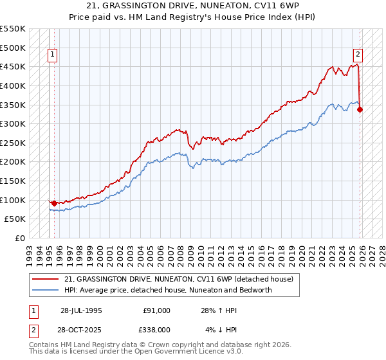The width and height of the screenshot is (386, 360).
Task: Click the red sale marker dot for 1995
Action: [x=54, y=203]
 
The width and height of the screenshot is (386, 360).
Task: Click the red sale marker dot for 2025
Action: [x=360, y=109]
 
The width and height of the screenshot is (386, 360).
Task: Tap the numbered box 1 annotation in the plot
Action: [x=52, y=55]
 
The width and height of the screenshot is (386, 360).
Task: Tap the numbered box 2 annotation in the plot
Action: [x=357, y=55]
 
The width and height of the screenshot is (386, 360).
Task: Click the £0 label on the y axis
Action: [x=19, y=238]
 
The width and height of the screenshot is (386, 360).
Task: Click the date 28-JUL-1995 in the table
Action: [x=81, y=310]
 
